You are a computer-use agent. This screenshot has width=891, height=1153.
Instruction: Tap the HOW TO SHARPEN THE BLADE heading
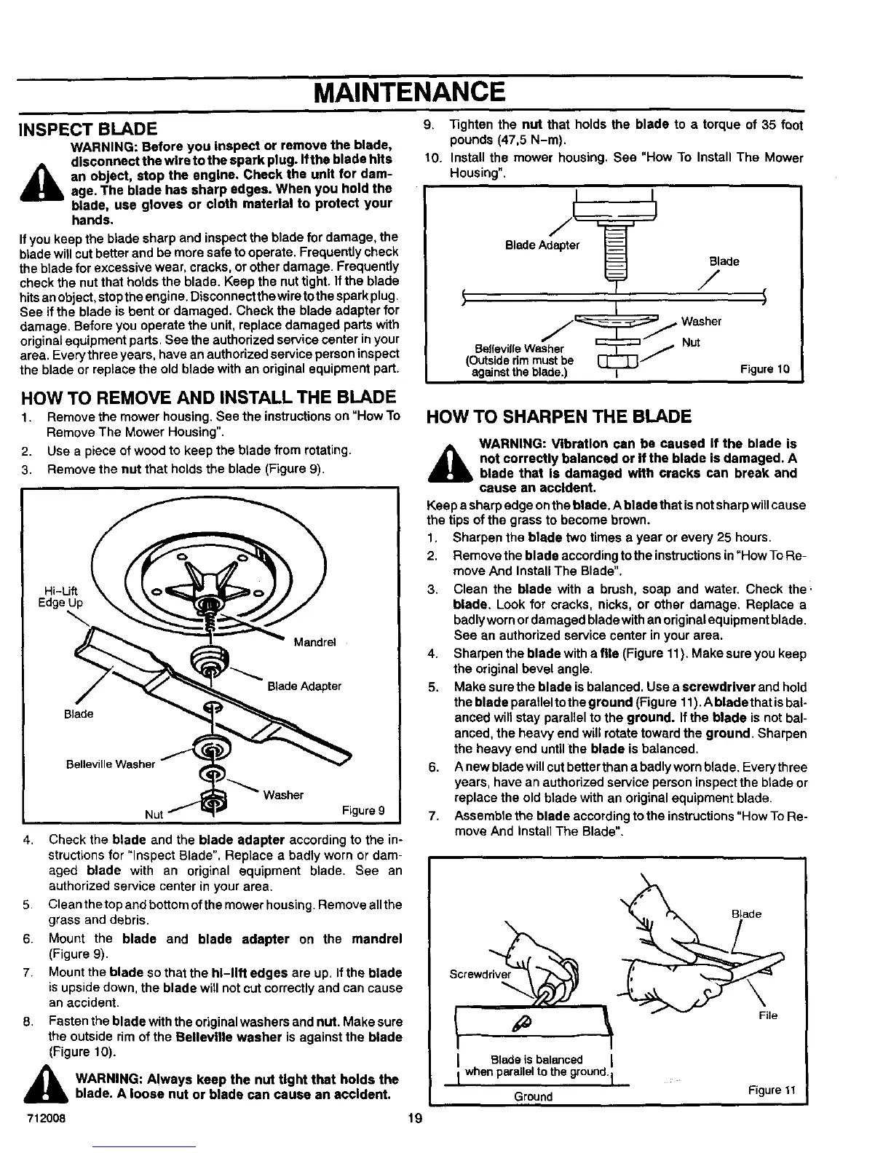tap(558, 416)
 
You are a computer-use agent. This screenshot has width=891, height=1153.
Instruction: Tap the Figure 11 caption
tap(770, 1090)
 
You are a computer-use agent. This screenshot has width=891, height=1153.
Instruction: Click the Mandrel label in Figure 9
tap(314, 643)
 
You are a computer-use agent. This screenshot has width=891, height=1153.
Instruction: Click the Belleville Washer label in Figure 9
tap(111, 764)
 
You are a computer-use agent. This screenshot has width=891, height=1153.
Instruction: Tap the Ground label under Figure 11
tap(533, 1096)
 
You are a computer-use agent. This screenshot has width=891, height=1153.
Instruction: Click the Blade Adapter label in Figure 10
tap(542, 245)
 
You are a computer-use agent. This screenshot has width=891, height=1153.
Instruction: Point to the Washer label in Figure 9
tap(284, 795)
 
